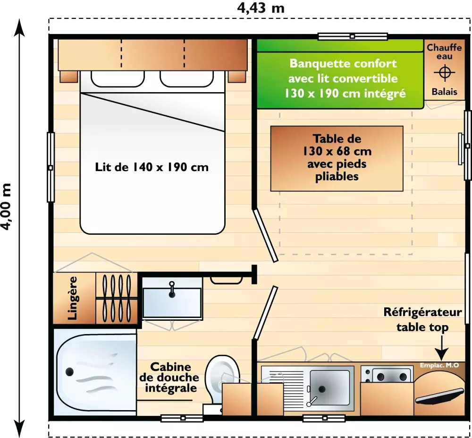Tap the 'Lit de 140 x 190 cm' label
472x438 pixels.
(152, 167)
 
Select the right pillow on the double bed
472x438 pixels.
(186, 78)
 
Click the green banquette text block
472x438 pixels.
(343, 78)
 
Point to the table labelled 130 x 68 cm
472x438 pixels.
(337, 158)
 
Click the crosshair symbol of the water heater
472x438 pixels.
(444, 73)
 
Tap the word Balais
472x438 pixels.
(444, 92)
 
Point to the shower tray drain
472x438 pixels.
(69, 372)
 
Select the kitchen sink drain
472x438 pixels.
(322, 388)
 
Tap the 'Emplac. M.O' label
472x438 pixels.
(439, 365)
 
